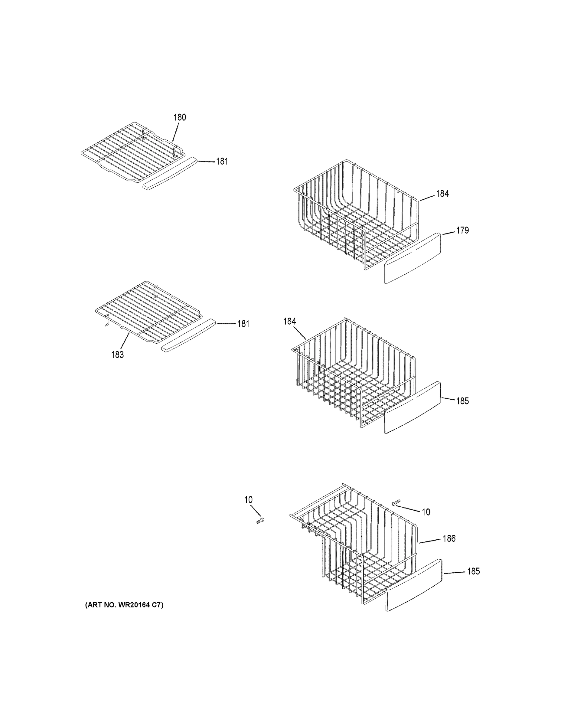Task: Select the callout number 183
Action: (117, 355)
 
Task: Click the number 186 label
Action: (449, 538)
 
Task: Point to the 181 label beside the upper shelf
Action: (222, 162)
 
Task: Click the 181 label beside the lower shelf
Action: (243, 324)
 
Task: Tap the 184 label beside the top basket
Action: (442, 194)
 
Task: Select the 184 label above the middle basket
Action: (289, 321)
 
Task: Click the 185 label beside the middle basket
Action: (462, 401)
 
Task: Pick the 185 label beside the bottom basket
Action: (473, 571)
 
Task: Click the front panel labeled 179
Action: (413, 258)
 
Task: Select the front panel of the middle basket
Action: (413, 407)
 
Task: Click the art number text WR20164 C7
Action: (124, 605)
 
